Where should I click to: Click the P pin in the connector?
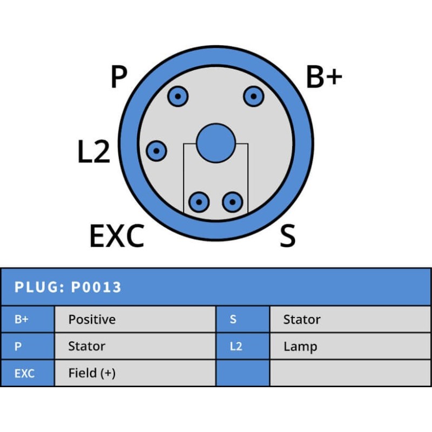click(x=178, y=97)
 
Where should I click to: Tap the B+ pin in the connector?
click(x=253, y=97)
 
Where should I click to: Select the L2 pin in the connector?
click(x=156, y=151)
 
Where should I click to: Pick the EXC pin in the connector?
click(x=199, y=202)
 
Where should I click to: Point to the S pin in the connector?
click(x=233, y=202)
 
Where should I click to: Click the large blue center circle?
click(x=216, y=143)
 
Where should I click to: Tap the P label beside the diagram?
click(x=119, y=77)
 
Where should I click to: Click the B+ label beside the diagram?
click(x=324, y=77)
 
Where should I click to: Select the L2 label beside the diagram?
click(x=93, y=151)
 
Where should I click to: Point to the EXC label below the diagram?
click(x=117, y=235)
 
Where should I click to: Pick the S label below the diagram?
click(x=288, y=235)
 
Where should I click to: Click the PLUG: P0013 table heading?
click(x=68, y=287)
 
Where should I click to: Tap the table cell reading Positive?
click(x=135, y=319)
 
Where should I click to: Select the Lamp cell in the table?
click(x=350, y=346)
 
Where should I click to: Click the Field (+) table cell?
click(x=135, y=373)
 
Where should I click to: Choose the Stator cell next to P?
click(x=135, y=346)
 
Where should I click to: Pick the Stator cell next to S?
click(x=350, y=319)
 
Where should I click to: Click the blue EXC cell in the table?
click(x=28, y=373)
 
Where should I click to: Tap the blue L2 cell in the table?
click(x=243, y=346)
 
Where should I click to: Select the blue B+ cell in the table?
click(x=28, y=319)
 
